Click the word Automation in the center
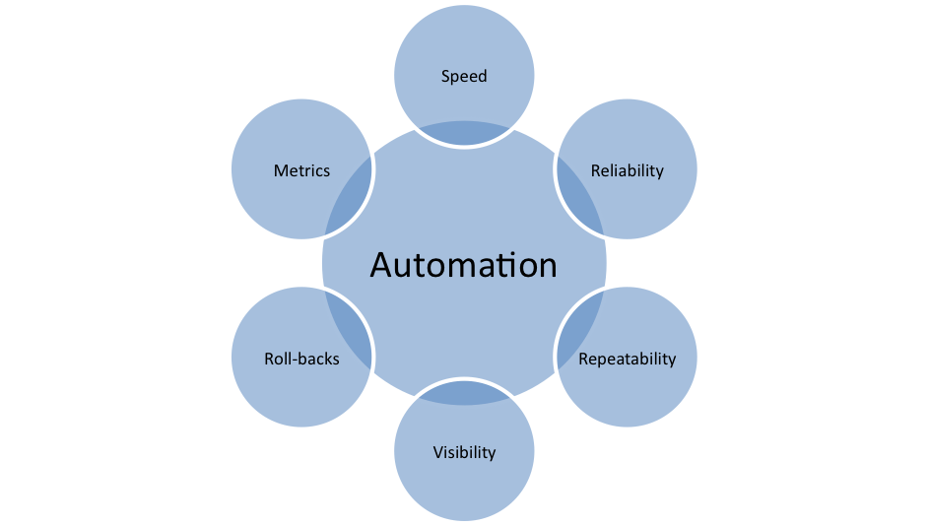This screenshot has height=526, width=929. point(463,265)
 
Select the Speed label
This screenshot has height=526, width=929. point(464,76)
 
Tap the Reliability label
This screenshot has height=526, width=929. point(627,170)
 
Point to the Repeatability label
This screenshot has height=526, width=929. point(627,359)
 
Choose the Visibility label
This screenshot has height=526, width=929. point(464,453)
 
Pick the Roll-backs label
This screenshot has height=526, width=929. point(301,359)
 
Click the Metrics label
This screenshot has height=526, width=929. point(301,170)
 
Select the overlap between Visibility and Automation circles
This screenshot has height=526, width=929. point(464,395)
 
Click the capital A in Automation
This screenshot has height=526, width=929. point(382,265)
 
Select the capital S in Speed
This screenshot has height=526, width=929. point(445,76)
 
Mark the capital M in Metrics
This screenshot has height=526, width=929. point(280,170)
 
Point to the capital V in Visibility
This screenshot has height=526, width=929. point(437,453)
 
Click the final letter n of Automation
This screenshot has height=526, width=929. point(547,267)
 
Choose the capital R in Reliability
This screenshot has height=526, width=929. point(595,170)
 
